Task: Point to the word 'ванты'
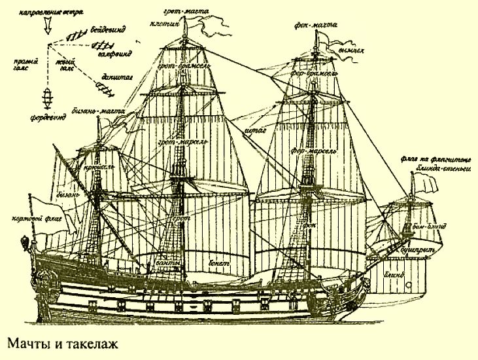(x=168, y=263)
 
